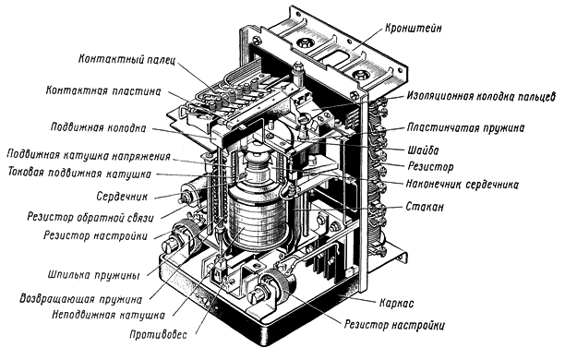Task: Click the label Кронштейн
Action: [414, 28]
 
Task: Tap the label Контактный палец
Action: [126, 59]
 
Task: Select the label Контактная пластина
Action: [103, 90]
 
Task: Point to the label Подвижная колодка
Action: [98, 127]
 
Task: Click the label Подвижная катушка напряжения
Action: [89, 155]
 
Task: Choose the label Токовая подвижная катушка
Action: [79, 173]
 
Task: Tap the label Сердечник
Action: [122, 197]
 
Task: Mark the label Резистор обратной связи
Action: [90, 217]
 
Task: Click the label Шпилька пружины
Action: [94, 275]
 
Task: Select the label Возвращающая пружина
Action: [81, 298]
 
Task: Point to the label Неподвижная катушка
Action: [108, 315]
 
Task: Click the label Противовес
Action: [158, 334]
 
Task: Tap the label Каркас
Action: [397, 304]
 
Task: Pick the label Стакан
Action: [425, 207]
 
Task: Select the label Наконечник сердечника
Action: [463, 184]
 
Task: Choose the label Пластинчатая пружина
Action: [466, 127]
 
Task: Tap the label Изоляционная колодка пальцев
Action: [481, 96]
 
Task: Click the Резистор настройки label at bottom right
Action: [394, 325]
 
